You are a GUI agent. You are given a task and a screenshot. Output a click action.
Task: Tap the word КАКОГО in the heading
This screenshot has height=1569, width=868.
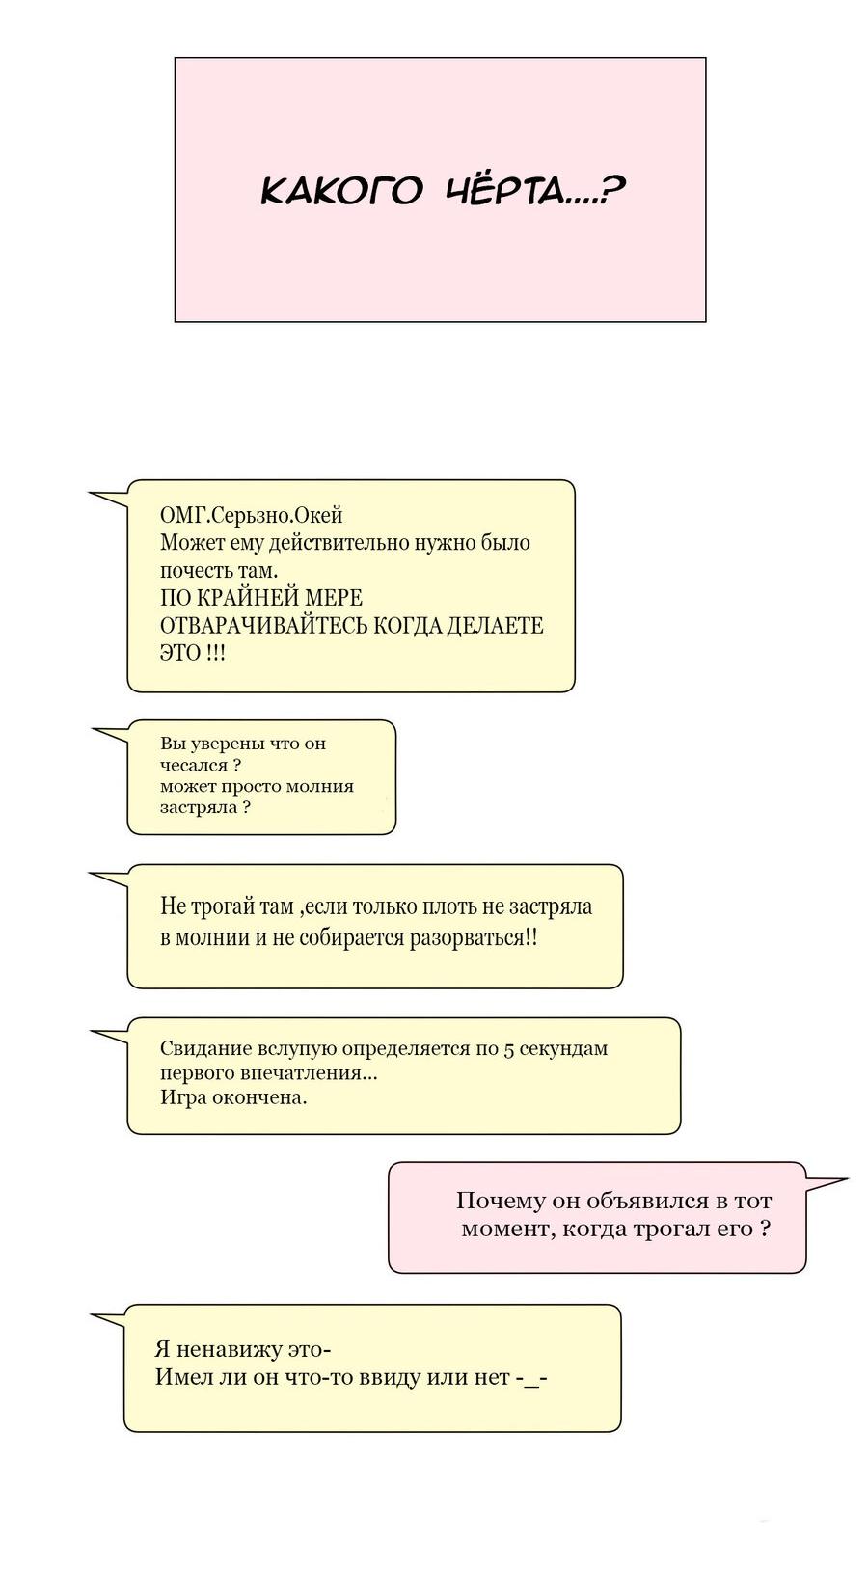pyautogui.click(x=341, y=191)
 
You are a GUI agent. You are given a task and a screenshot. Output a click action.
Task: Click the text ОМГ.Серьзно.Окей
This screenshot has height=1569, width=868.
pyautogui.click(x=251, y=515)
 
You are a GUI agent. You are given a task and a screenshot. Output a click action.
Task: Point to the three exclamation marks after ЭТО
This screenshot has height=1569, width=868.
pyautogui.click(x=215, y=653)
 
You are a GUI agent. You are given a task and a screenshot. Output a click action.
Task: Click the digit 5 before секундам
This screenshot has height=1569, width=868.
pyautogui.click(x=508, y=1049)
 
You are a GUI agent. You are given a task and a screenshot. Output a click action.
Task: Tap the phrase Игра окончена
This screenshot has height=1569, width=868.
pyautogui.click(x=233, y=1097)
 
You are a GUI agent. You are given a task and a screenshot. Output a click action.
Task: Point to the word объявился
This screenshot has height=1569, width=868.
pyautogui.click(x=637, y=1202)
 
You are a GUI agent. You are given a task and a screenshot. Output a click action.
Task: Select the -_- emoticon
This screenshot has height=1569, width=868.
pyautogui.click(x=531, y=1378)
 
